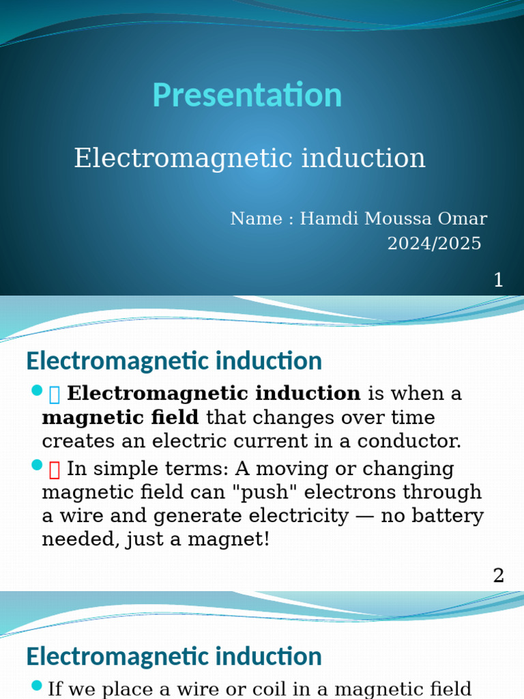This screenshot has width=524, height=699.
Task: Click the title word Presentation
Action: coord(247,95)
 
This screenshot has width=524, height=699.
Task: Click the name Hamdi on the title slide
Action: coord(325,219)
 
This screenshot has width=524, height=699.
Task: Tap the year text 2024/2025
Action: coord(434,244)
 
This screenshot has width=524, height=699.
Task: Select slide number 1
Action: coord(498,280)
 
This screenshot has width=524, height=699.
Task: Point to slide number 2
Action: coord(498,575)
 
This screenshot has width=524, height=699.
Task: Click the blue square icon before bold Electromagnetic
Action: coord(55,394)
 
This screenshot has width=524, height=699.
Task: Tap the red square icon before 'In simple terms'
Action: coord(55,469)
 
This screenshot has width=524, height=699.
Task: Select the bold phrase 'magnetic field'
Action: coord(120,417)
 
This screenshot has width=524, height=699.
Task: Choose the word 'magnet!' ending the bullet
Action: coord(235,539)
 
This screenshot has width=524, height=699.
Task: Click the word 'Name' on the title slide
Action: coord(256,219)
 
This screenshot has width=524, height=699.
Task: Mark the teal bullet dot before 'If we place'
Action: coord(37,685)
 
